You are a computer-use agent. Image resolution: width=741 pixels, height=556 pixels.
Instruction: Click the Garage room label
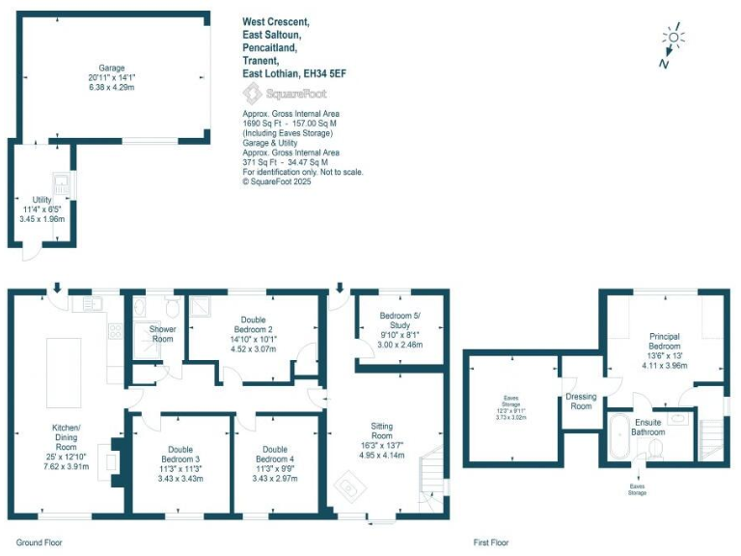pos(111,69)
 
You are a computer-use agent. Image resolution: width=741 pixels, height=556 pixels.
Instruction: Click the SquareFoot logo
pos(284,94)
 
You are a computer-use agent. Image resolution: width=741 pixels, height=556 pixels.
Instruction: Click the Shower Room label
pos(161,333)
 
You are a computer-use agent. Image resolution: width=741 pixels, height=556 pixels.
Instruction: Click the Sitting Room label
pos(381,431)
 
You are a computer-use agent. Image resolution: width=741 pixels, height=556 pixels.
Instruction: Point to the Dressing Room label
pos(580,402)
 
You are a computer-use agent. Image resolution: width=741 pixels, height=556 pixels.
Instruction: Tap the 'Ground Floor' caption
pos(40,543)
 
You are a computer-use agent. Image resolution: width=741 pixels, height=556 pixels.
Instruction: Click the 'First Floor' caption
pos(491,543)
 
